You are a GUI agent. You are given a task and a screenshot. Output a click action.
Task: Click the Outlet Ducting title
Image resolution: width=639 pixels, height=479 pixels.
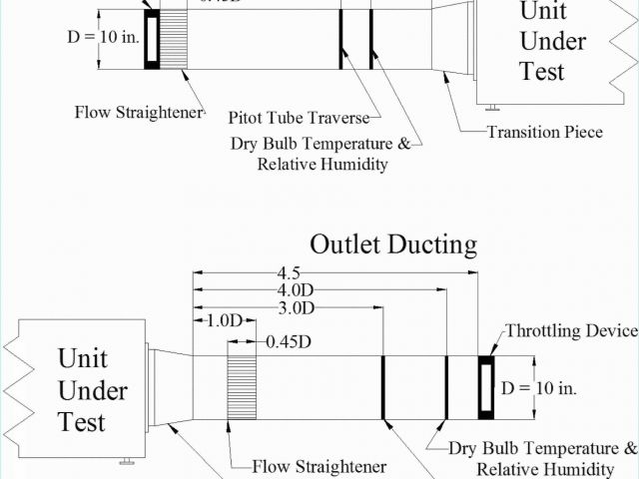(x=392, y=244)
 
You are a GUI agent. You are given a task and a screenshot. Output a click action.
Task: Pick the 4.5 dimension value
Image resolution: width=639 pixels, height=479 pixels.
(x=290, y=272)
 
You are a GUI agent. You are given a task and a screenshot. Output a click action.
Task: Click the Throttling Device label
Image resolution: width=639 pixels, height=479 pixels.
(x=570, y=330)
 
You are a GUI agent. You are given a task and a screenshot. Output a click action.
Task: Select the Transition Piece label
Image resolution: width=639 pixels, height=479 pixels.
(x=544, y=132)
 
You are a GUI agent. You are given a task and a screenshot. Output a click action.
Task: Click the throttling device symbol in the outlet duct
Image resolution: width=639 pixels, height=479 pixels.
(x=485, y=386)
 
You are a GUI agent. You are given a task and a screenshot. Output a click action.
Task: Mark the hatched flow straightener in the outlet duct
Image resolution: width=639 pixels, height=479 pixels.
(x=242, y=385)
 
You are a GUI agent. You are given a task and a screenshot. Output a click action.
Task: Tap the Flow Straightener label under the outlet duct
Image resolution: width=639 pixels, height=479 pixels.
(x=319, y=466)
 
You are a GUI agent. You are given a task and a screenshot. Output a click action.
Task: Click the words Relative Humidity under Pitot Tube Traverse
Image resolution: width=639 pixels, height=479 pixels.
(x=321, y=165)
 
